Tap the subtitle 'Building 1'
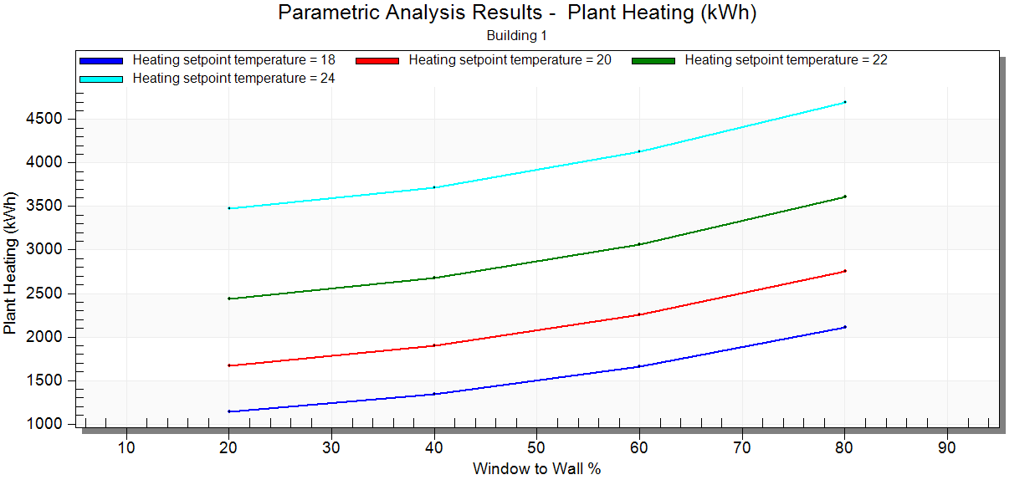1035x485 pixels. (x=516, y=36)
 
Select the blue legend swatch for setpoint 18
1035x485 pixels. (x=101, y=60)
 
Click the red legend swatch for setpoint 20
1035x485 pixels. (x=377, y=60)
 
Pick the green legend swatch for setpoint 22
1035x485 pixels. (x=653, y=60)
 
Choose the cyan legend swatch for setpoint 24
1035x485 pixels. (x=101, y=79)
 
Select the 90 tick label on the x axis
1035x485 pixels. (x=947, y=447)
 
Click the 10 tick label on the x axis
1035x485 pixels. (x=126, y=447)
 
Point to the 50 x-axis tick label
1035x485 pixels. (x=536, y=447)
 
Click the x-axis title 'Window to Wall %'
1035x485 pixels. (x=536, y=468)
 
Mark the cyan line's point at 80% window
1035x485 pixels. (x=845, y=102)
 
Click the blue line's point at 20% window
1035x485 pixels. (x=228, y=411)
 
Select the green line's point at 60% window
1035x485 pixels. (x=639, y=244)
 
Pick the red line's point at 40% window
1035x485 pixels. (x=434, y=345)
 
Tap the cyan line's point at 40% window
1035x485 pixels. (x=434, y=187)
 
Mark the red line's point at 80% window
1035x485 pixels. (x=845, y=271)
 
